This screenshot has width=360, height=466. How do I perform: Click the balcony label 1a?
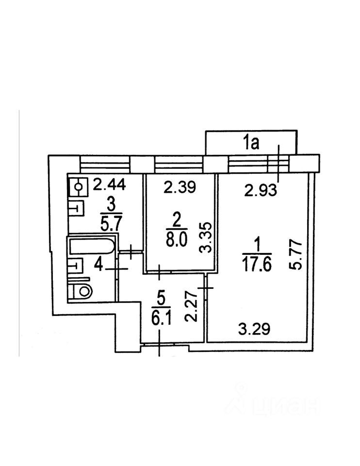(252, 143)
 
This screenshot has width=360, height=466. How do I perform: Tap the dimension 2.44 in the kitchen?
(110, 185)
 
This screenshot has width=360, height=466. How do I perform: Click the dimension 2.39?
(180, 187)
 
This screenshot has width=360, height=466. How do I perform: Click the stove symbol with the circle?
(77, 186)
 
